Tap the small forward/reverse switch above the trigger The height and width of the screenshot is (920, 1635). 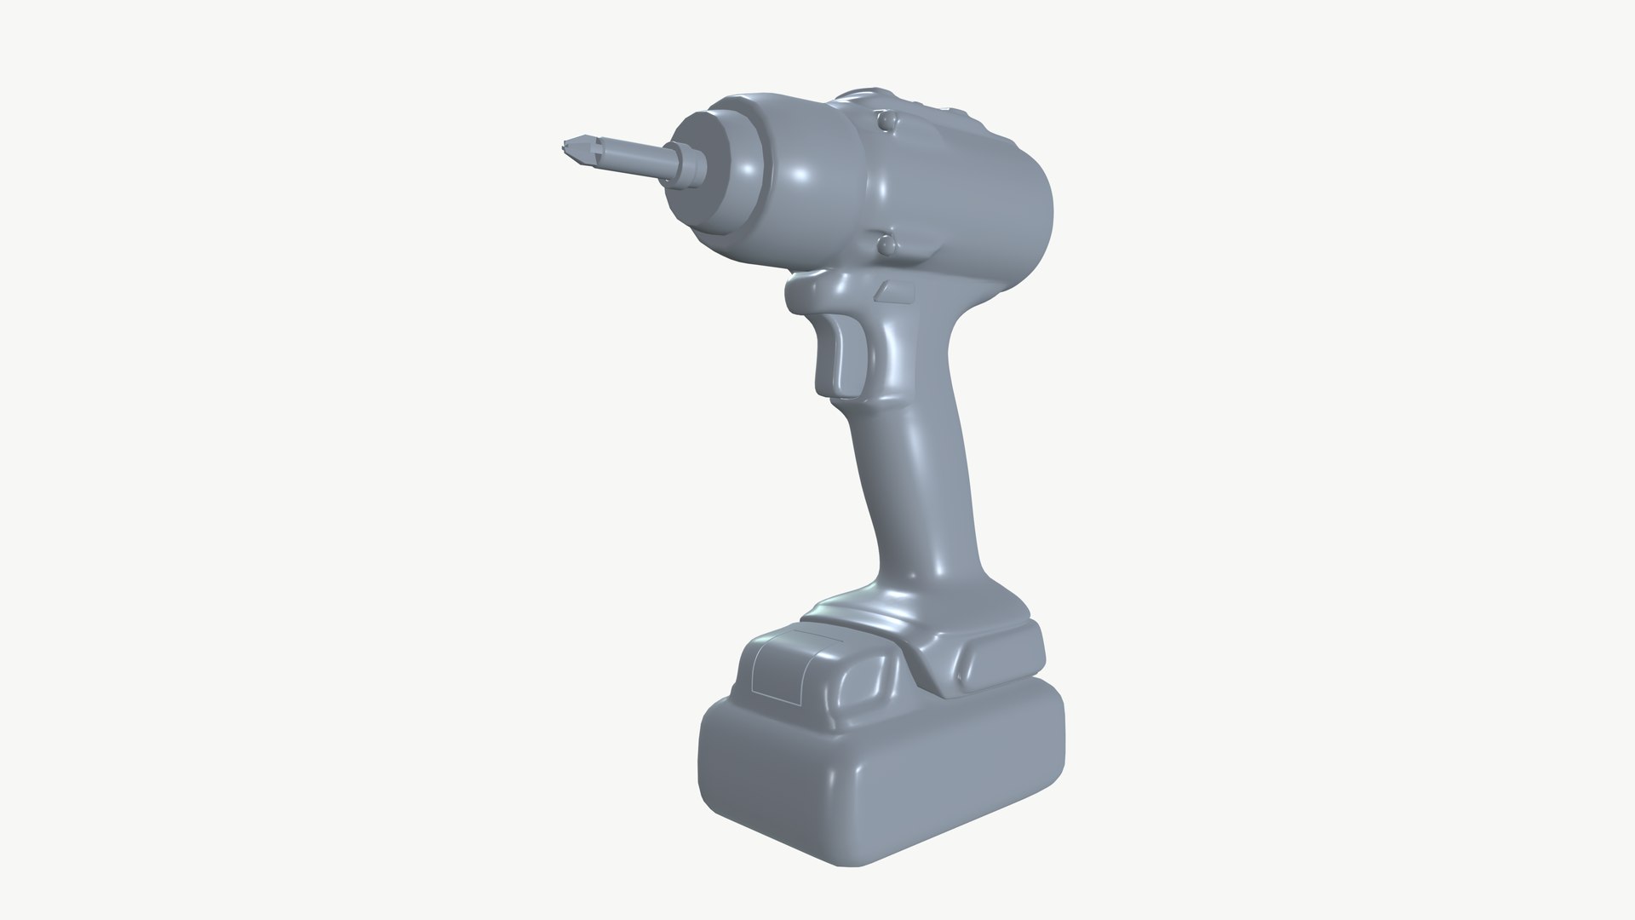[895, 292]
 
